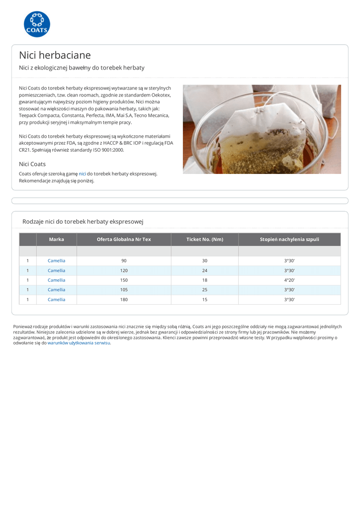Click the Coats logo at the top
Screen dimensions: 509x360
(37, 24)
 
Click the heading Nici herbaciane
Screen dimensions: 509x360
(55, 55)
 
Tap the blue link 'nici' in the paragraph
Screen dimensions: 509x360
(83, 173)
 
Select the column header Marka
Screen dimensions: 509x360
(57, 239)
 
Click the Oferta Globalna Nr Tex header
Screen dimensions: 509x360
(124, 239)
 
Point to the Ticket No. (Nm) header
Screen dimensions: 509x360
(204, 239)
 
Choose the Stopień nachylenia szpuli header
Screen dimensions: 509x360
(289, 239)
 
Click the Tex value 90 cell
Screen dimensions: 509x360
(124, 260)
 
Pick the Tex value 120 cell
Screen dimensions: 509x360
(124, 270)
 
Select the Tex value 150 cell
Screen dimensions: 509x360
(124, 280)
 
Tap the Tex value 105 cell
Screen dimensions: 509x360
(124, 289)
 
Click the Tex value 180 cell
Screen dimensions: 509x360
(124, 299)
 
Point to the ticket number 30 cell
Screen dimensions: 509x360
(204, 260)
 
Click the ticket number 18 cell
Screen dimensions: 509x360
(204, 280)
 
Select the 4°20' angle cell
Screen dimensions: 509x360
(289, 280)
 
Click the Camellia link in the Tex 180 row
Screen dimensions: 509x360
(56, 299)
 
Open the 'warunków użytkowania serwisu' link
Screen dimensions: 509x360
(79, 343)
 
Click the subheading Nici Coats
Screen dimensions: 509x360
(32, 164)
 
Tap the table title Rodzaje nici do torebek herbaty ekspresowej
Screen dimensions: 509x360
(83, 221)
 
